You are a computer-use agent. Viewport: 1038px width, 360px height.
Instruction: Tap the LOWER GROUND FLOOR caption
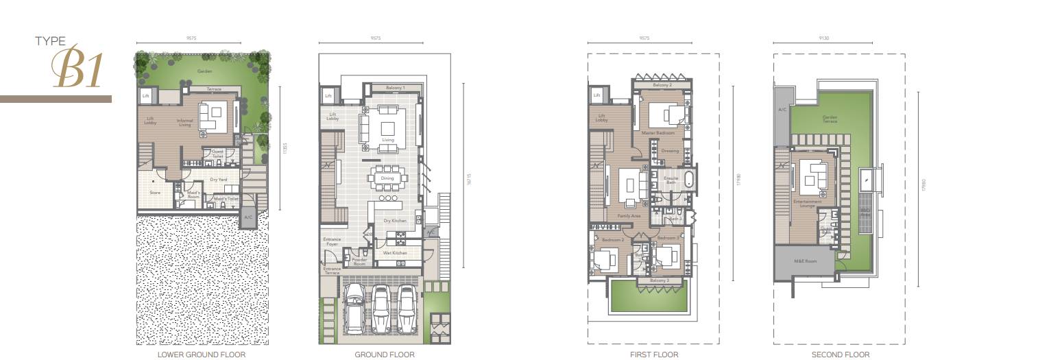coord(201,355)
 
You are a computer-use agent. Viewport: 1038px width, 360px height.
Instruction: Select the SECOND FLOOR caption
coord(840,355)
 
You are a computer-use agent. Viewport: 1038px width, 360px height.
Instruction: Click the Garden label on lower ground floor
coord(204,71)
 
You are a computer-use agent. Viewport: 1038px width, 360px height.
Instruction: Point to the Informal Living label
coord(184,123)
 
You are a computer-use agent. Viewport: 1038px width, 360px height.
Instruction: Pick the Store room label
coord(155,193)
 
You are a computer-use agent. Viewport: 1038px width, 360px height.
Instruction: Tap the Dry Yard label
coord(219,180)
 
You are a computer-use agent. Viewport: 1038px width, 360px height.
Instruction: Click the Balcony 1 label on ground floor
coord(395,88)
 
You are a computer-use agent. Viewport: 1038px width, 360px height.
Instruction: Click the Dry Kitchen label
coord(395,221)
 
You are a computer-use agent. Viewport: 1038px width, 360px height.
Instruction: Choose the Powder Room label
coord(359,261)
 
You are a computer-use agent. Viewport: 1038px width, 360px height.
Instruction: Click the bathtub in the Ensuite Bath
coord(690,182)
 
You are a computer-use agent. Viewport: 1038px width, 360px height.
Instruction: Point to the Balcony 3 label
coord(659,281)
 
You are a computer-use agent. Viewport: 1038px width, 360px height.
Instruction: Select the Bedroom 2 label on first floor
coord(612,240)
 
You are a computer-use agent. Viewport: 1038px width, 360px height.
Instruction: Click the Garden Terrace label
coord(830,119)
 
